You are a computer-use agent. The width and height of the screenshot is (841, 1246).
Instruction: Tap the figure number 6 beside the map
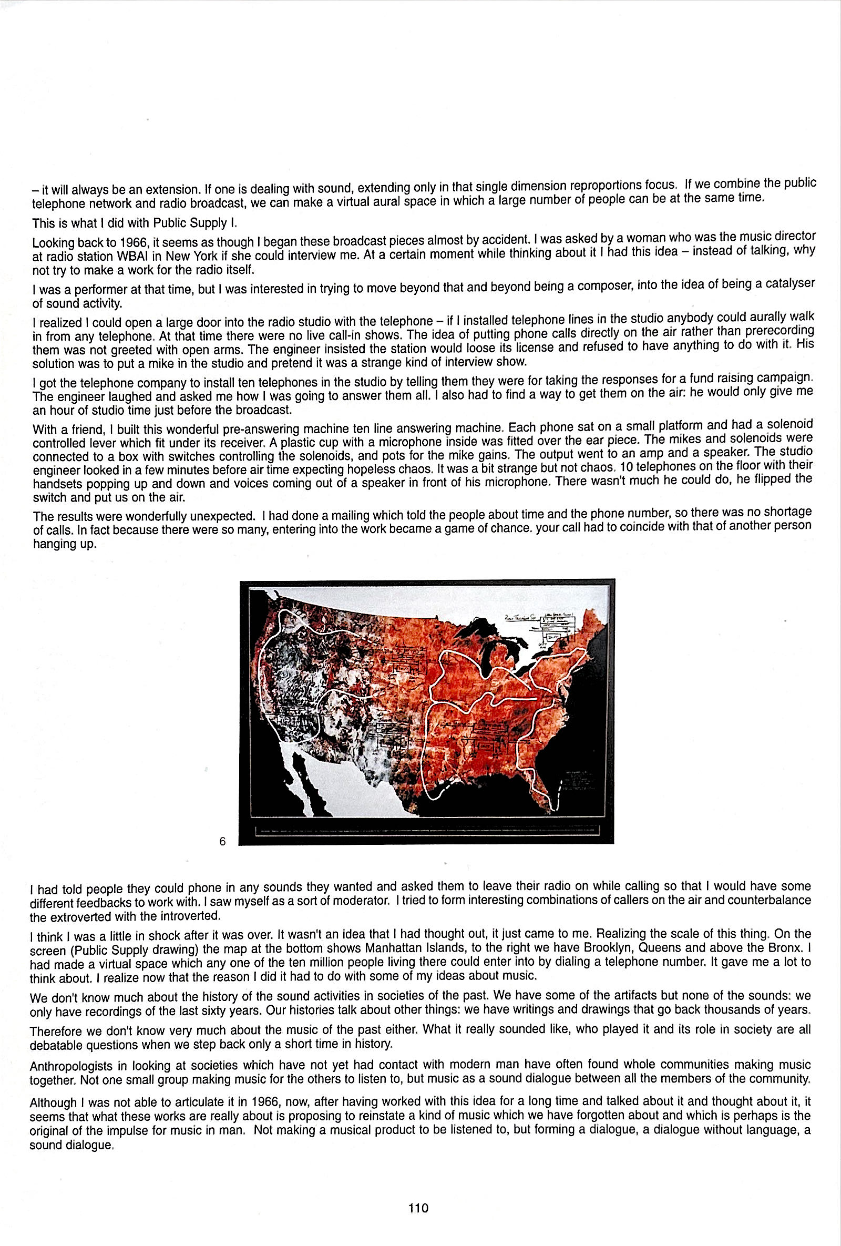[222, 842]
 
